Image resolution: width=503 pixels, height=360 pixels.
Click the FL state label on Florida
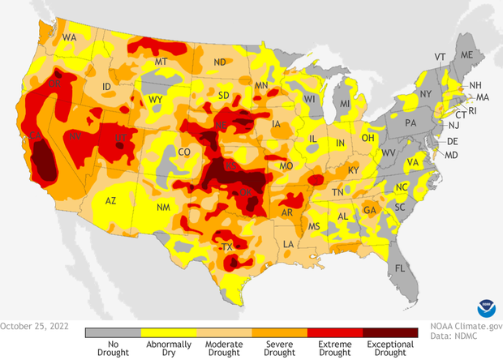click(399, 268)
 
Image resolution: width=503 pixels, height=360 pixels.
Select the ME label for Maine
click(466, 54)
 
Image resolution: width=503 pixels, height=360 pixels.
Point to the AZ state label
click(112, 200)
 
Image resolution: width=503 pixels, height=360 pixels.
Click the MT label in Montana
click(161, 62)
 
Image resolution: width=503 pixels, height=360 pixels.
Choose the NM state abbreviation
click(163, 208)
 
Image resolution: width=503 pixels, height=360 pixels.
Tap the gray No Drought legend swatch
click(113, 332)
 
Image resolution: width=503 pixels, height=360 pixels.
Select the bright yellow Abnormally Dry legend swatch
click(168, 332)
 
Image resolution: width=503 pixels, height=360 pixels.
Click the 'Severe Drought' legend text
click(278, 345)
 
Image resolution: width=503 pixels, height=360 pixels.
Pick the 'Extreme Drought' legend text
click(333, 345)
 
